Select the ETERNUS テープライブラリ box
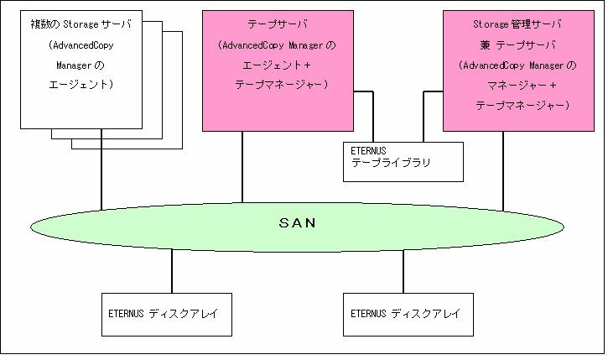[403, 160]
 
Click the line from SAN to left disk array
[172, 270]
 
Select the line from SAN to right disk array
[403, 270]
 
